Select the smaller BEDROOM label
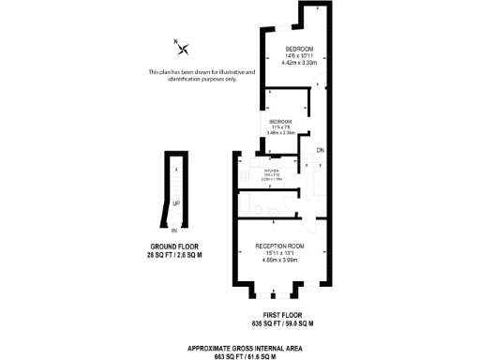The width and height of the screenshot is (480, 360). (280, 122)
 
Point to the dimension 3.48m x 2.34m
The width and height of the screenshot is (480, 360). (280, 133)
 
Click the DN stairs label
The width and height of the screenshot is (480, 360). (319, 151)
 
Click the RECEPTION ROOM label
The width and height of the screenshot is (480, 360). (279, 246)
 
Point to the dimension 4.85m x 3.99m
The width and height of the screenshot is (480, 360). (279, 260)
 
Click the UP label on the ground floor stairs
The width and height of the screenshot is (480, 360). (175, 203)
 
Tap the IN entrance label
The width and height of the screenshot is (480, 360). (174, 230)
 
